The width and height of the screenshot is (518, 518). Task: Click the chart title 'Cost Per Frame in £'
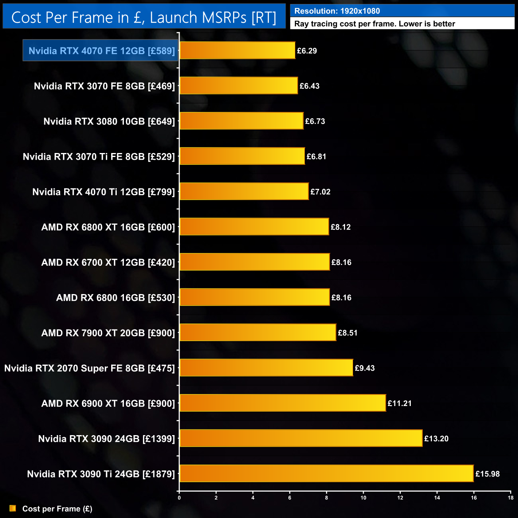[143, 18]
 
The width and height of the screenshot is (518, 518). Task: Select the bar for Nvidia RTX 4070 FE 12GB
[237, 51]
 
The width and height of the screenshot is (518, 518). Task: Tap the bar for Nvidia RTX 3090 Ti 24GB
[326, 473]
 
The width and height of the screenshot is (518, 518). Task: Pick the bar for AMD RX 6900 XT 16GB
[283, 403]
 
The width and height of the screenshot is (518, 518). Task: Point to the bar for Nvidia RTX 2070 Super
[266, 368]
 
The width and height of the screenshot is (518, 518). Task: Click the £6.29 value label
[307, 51]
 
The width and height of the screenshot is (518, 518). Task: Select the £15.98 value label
[487, 474]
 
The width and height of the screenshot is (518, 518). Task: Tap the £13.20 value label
[436, 439]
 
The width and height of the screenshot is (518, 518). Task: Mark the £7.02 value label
[320, 192]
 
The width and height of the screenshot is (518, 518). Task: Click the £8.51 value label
[347, 333]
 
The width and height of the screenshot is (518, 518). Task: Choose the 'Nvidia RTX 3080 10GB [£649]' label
[109, 122]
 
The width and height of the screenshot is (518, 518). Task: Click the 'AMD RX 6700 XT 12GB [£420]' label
[108, 263]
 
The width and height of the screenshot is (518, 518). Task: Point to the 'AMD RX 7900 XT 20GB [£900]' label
[108, 333]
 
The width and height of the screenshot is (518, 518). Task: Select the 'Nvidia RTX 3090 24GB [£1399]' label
[106, 439]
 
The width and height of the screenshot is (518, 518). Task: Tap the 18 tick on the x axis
[510, 498]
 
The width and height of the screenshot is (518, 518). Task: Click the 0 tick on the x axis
[179, 498]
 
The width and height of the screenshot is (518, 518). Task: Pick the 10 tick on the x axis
[363, 498]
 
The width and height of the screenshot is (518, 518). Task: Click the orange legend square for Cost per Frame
[13, 508]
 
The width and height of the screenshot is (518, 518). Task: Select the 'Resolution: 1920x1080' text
[337, 11]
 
